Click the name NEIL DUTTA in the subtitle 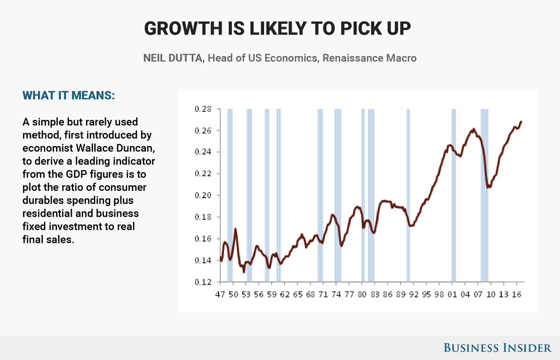coord(173,58)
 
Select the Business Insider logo coord(497,347)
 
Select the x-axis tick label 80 coord(362,295)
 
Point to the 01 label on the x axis coord(452,295)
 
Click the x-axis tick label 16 coord(517,295)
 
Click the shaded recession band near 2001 coord(453,196)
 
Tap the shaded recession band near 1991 coord(408,196)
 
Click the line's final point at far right coord(521,122)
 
